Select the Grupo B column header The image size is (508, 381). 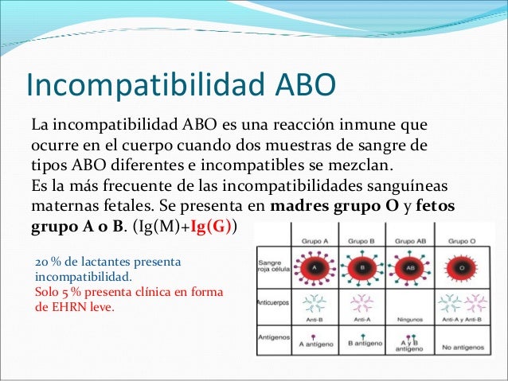point(362,239)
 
